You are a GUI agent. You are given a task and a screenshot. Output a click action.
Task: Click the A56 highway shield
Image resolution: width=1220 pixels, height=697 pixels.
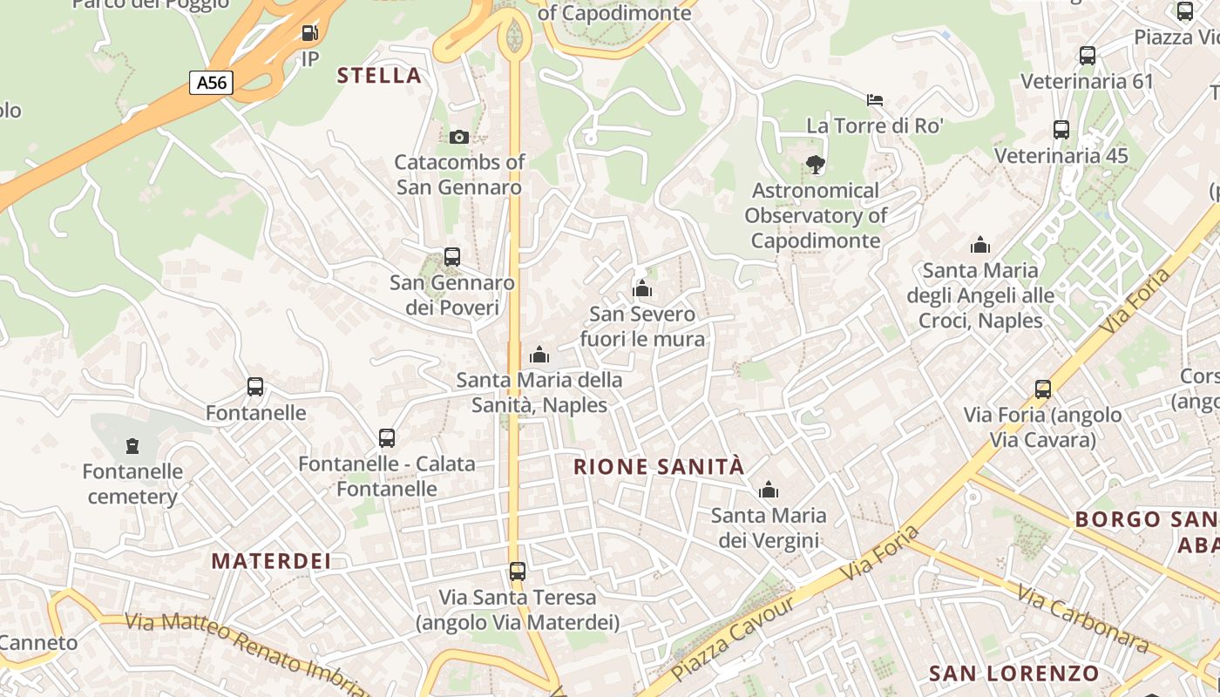point(212,83)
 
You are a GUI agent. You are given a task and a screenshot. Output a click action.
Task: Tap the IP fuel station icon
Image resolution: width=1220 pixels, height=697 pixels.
point(309,33)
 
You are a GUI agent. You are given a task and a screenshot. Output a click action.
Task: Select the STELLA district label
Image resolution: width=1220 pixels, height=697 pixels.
point(379,76)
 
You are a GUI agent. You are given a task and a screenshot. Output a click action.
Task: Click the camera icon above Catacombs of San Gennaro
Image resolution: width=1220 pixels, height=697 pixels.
point(459,137)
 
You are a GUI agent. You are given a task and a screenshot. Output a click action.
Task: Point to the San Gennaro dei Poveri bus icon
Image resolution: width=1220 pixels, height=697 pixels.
point(451,257)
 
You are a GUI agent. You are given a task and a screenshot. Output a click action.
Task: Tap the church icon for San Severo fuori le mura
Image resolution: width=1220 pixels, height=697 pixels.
point(642,288)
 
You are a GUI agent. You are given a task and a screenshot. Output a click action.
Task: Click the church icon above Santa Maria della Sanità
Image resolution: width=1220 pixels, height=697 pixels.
point(539,355)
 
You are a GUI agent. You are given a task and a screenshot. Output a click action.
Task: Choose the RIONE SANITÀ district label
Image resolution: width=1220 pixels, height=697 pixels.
point(659,467)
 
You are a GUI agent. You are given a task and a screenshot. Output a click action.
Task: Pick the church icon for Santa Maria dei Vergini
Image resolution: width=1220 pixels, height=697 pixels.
point(768,491)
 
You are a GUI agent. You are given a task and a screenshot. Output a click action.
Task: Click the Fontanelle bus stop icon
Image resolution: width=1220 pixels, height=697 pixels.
point(255,387)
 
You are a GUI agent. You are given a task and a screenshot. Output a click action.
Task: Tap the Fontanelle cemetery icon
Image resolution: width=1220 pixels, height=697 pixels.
point(132,446)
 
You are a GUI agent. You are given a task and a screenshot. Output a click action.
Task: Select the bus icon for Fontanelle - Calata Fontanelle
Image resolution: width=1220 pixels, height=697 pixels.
point(387,438)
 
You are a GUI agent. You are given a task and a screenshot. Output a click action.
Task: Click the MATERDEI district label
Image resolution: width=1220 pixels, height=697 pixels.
point(271,561)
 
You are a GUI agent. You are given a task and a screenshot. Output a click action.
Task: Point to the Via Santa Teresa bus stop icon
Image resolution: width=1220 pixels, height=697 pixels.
point(518,572)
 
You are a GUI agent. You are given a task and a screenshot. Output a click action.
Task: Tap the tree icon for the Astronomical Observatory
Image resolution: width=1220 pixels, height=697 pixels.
point(816,164)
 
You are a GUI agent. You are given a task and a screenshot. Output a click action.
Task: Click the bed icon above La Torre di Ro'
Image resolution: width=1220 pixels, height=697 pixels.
point(875,100)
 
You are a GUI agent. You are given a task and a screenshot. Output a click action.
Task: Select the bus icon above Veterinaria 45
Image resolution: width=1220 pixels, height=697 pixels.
point(1061,130)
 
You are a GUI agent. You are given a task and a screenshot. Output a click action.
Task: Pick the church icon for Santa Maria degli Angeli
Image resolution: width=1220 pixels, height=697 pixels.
point(980,245)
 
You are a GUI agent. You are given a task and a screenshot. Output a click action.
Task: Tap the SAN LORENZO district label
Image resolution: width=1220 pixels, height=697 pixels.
point(1013,673)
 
